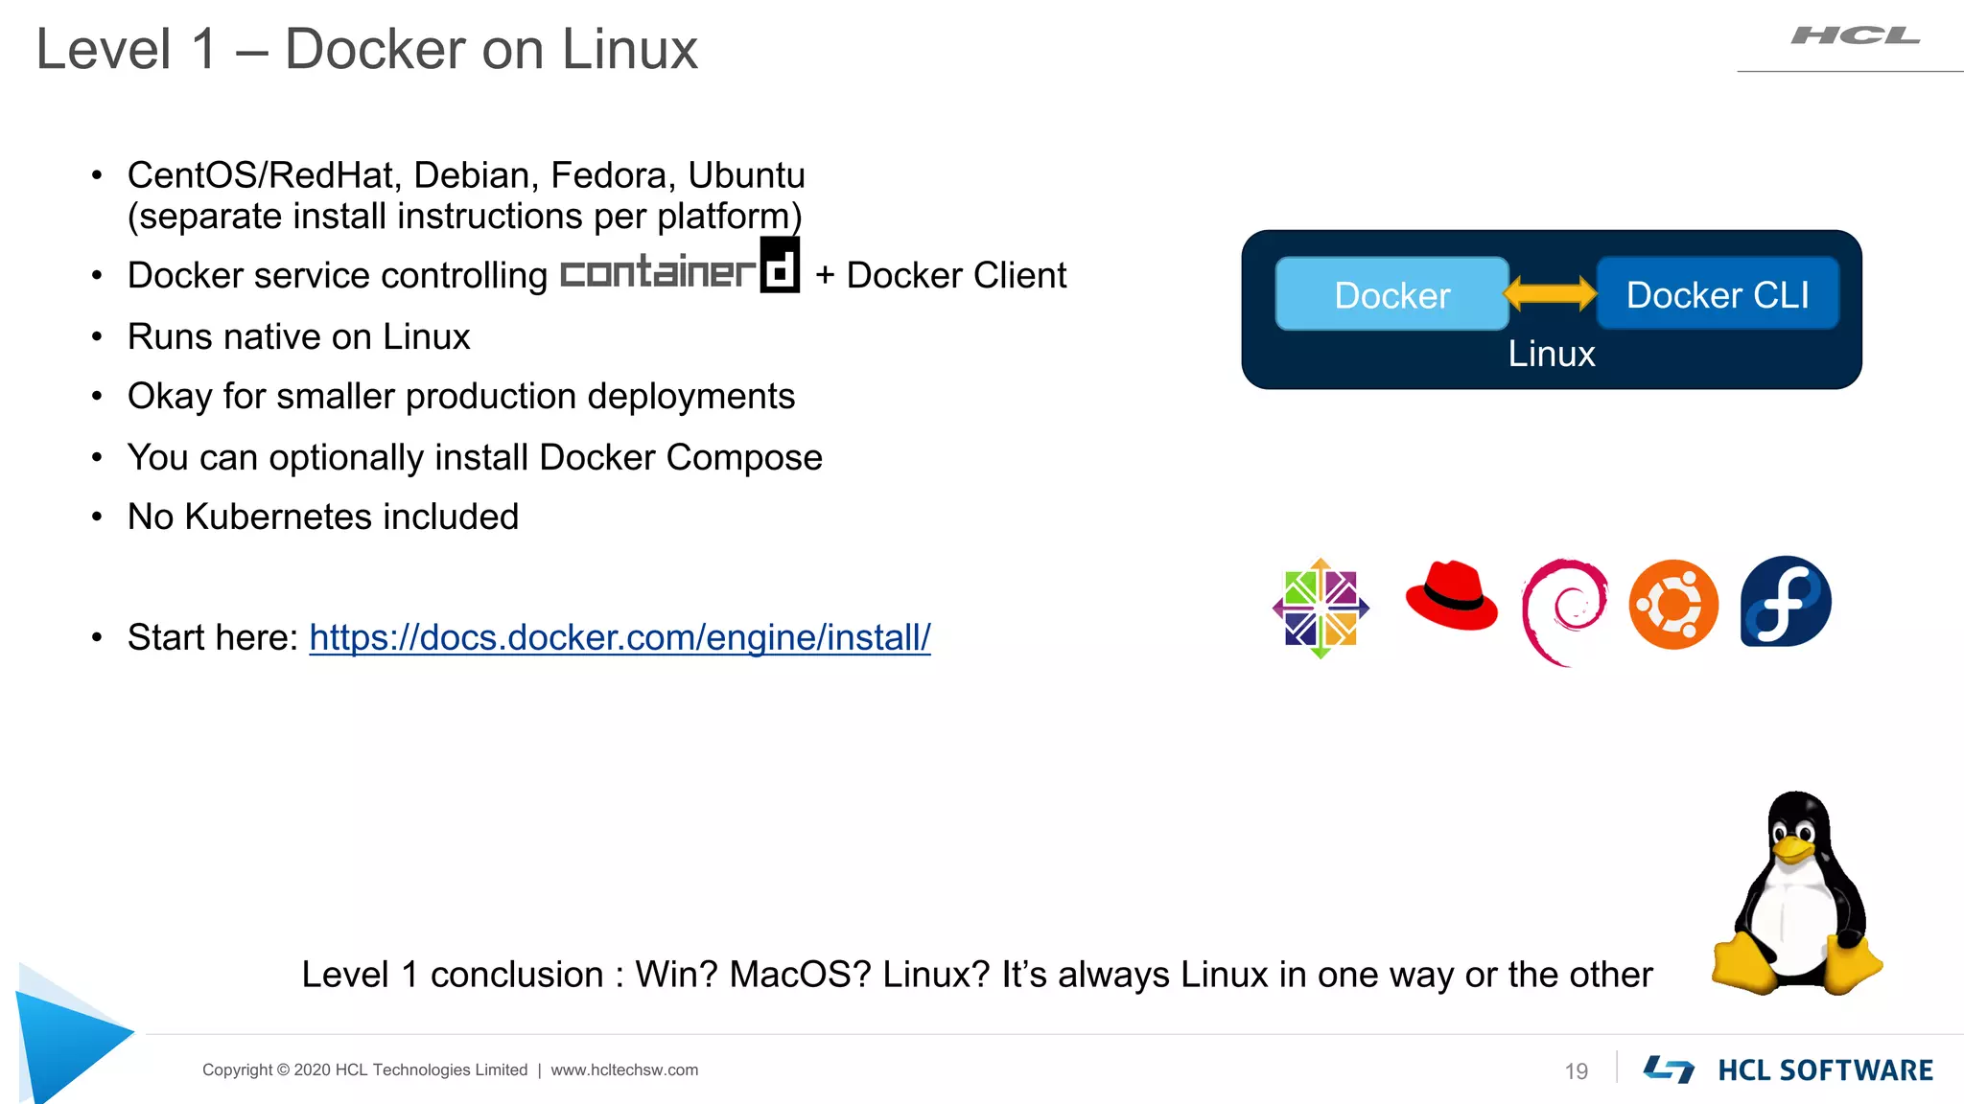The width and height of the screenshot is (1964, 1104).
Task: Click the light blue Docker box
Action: coord(1391,294)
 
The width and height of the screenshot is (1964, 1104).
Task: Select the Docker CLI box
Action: coord(1718,294)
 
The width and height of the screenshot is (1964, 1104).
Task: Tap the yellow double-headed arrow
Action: coord(1551,293)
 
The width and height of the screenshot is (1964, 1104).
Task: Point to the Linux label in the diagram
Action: coord(1551,355)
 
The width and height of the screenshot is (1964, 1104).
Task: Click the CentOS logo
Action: coord(1321,609)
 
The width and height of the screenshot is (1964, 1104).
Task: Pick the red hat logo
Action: coord(1450,596)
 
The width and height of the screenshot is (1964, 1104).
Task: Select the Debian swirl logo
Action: coord(1563,611)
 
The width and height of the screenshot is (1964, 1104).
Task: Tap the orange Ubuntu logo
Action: coord(1673,605)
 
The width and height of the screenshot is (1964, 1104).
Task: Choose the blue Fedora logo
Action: coord(1786,602)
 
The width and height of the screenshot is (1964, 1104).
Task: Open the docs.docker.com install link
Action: coord(620,637)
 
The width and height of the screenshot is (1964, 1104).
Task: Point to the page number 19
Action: coord(1576,1071)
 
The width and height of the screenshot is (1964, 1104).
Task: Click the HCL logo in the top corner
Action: coord(1855,36)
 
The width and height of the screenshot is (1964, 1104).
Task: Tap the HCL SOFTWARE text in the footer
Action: coord(1825,1070)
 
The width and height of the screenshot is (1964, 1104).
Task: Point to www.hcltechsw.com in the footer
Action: coord(624,1070)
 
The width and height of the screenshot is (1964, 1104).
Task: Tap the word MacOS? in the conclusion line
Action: coord(800,975)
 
